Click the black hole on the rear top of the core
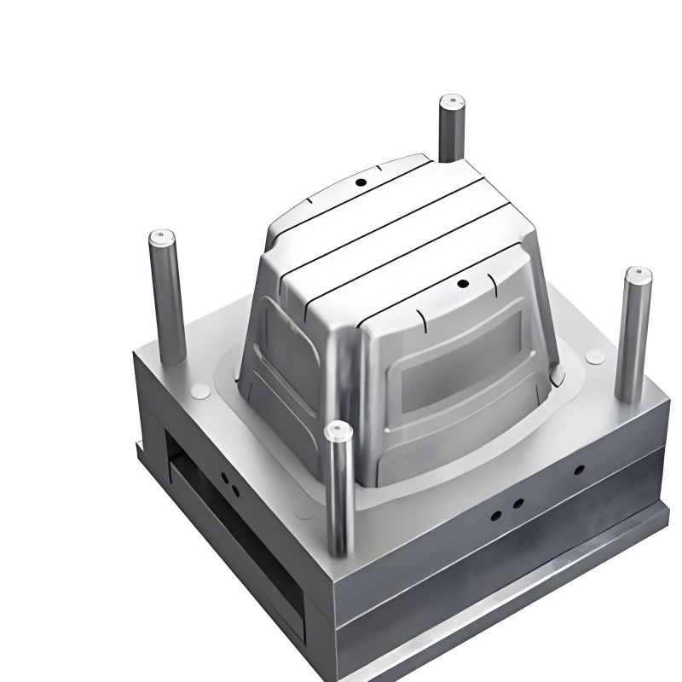(x=361, y=182)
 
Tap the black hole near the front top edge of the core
(x=462, y=284)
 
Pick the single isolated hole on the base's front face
(x=579, y=470)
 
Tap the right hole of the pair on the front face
(x=517, y=503)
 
